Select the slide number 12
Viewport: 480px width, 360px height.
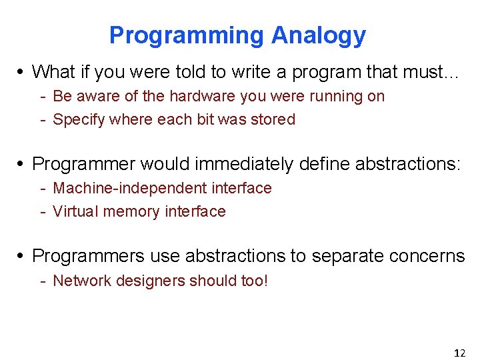(x=459, y=353)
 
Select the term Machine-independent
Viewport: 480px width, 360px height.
(x=130, y=188)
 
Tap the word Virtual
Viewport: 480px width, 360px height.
(x=73, y=212)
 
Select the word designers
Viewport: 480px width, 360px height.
(x=150, y=281)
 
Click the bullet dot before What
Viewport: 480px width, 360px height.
(x=23, y=71)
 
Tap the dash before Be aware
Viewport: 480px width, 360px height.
(x=43, y=96)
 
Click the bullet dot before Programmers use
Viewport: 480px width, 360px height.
(x=23, y=256)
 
